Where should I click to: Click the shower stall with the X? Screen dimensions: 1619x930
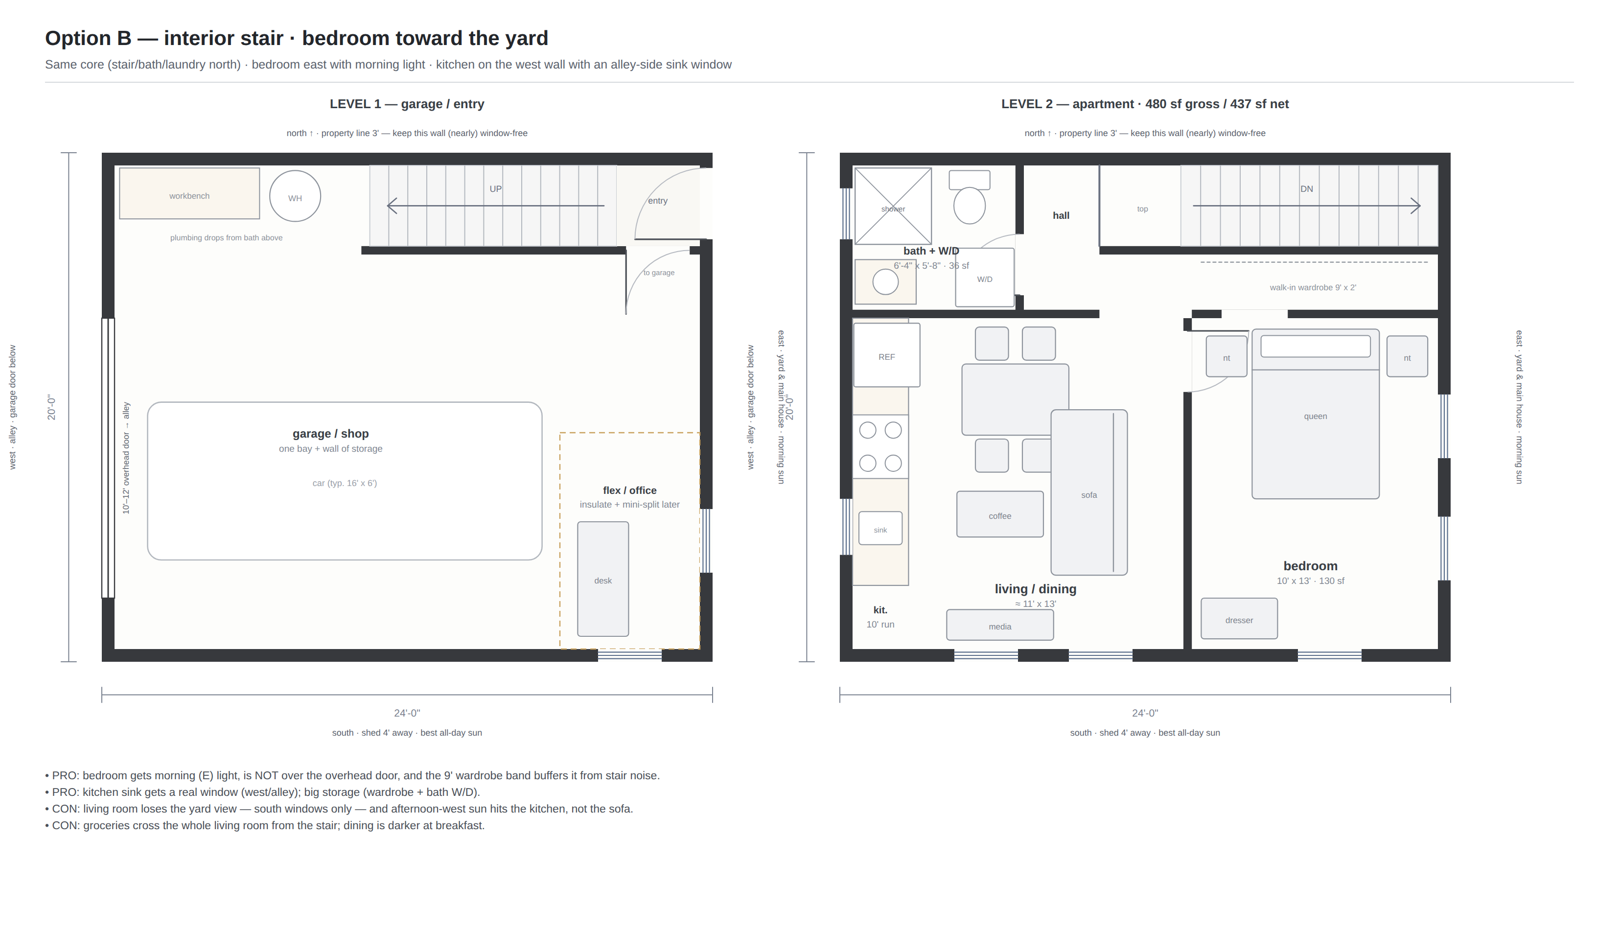coord(893,206)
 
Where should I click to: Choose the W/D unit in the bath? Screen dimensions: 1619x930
coord(985,278)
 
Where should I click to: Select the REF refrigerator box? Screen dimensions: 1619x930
coord(886,355)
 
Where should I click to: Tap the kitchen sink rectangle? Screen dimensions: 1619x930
coord(880,528)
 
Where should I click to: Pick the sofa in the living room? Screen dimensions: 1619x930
coord(1089,492)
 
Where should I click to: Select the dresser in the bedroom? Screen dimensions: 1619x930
coord(1239,618)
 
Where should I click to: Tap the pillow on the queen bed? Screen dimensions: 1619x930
coord(1316,346)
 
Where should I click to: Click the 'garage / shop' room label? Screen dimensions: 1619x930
coord(331,434)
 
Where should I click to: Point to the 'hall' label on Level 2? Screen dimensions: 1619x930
coord(1061,216)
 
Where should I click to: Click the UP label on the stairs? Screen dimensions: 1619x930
coord(496,189)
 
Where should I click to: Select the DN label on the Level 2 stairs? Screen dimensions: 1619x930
coord(1307,189)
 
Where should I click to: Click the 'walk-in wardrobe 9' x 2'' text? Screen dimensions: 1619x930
coord(1313,287)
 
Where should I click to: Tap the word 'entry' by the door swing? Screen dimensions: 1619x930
coord(658,201)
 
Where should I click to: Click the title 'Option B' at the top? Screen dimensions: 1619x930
coord(88,38)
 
